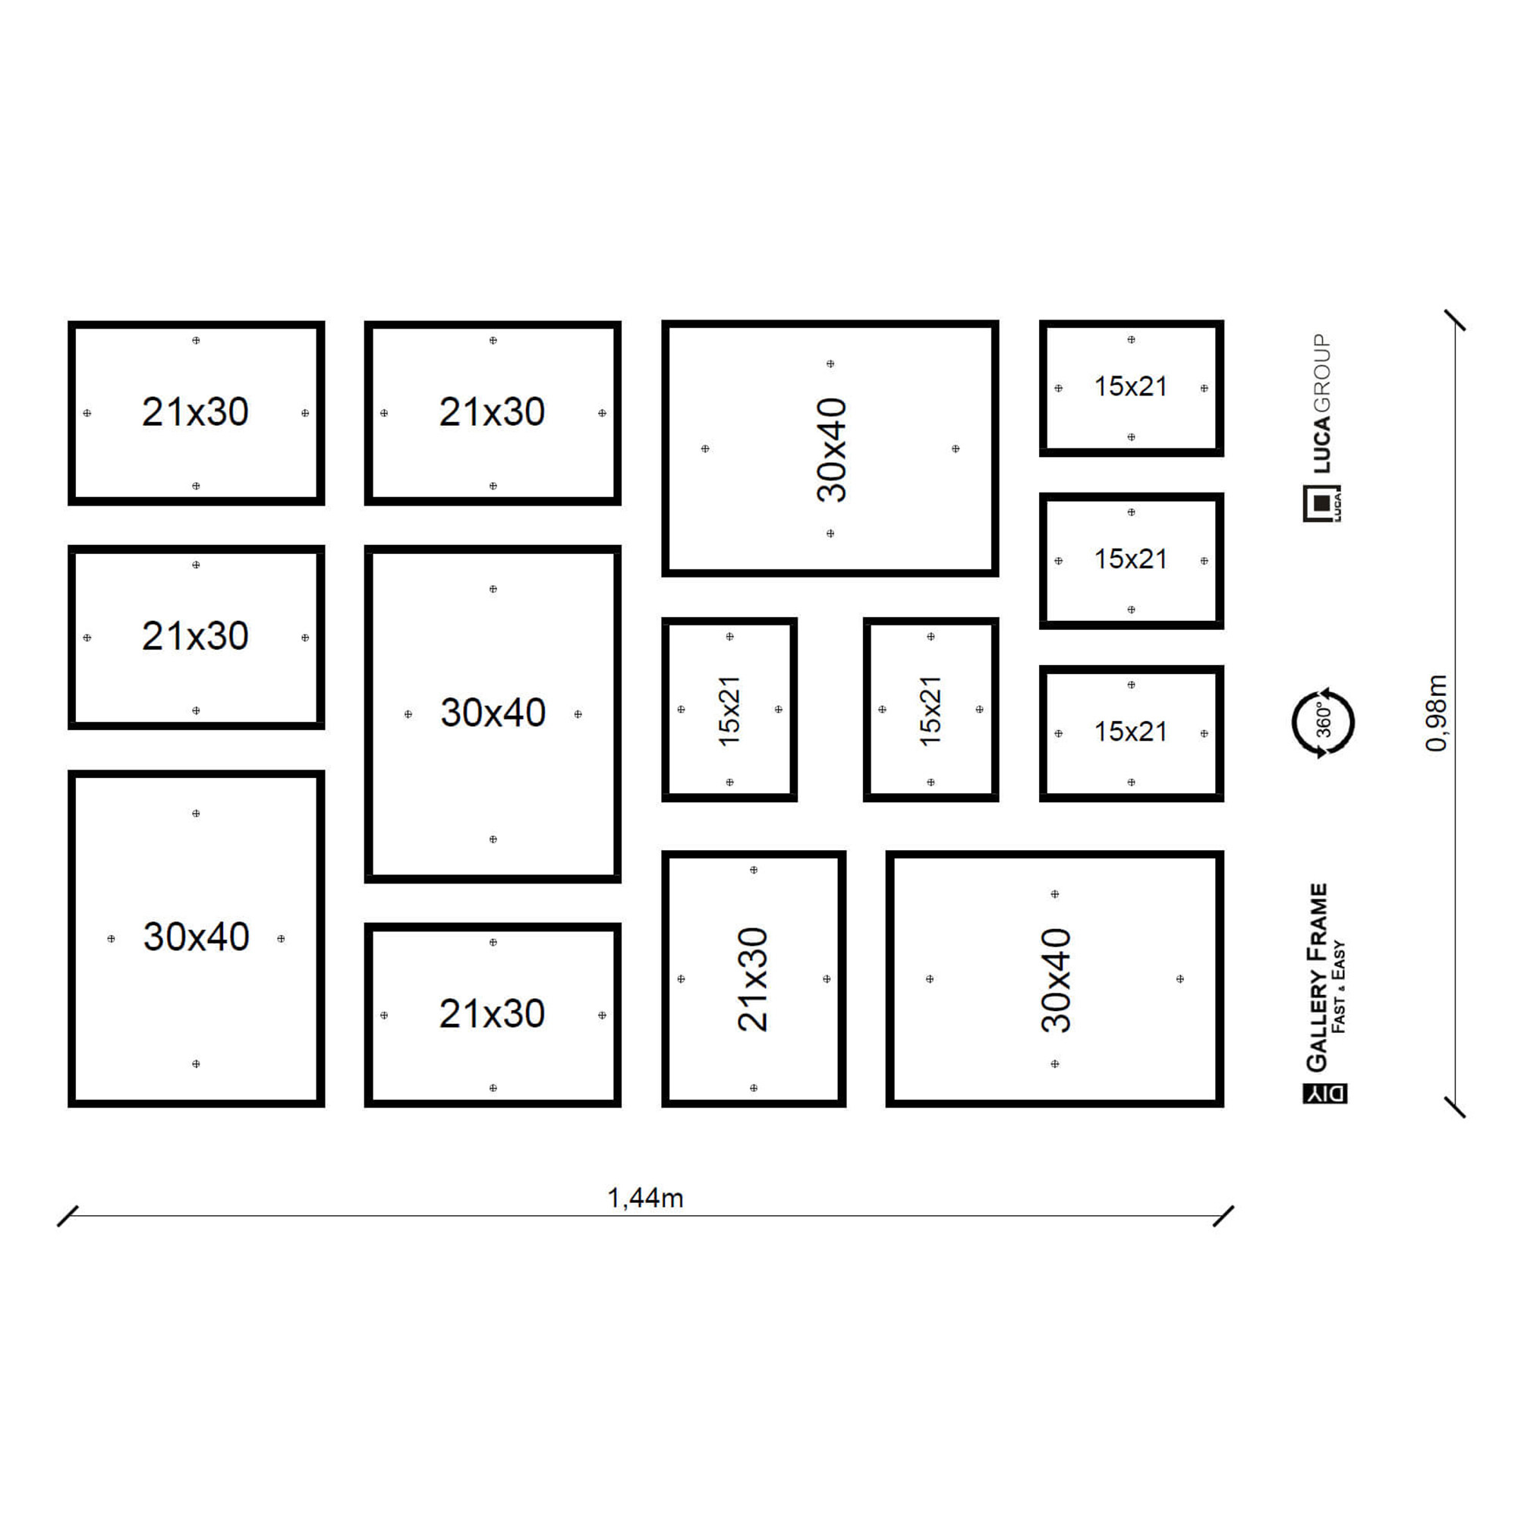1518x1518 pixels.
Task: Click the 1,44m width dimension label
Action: [x=645, y=1198]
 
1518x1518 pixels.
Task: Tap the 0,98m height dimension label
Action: [x=1435, y=713]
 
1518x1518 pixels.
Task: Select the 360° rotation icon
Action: [x=1323, y=722]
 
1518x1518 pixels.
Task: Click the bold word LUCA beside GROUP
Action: [x=1322, y=445]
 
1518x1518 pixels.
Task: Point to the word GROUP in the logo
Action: [x=1322, y=373]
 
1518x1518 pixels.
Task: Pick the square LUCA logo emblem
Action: [x=1322, y=504]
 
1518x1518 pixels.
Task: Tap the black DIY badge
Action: [x=1324, y=1093]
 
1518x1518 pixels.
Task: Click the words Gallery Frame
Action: [x=1317, y=977]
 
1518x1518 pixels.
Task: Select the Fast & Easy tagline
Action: [x=1339, y=987]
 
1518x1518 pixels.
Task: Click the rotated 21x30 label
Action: [x=753, y=979]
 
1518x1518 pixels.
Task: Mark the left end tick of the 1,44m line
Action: [x=68, y=1215]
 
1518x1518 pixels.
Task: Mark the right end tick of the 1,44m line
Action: [x=1224, y=1215]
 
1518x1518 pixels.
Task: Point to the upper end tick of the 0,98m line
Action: [x=1455, y=320]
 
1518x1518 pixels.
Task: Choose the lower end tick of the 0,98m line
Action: [x=1455, y=1107]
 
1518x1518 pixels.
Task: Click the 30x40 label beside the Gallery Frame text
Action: [x=1055, y=980]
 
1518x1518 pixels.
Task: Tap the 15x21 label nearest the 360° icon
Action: [x=1131, y=732]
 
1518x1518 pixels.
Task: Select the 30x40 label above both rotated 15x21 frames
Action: [x=831, y=449]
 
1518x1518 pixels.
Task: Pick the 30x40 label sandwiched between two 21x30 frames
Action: [x=493, y=713]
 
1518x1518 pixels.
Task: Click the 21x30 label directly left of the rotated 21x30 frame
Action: [x=492, y=1013]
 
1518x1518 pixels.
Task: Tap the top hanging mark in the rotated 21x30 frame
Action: [x=754, y=870]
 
